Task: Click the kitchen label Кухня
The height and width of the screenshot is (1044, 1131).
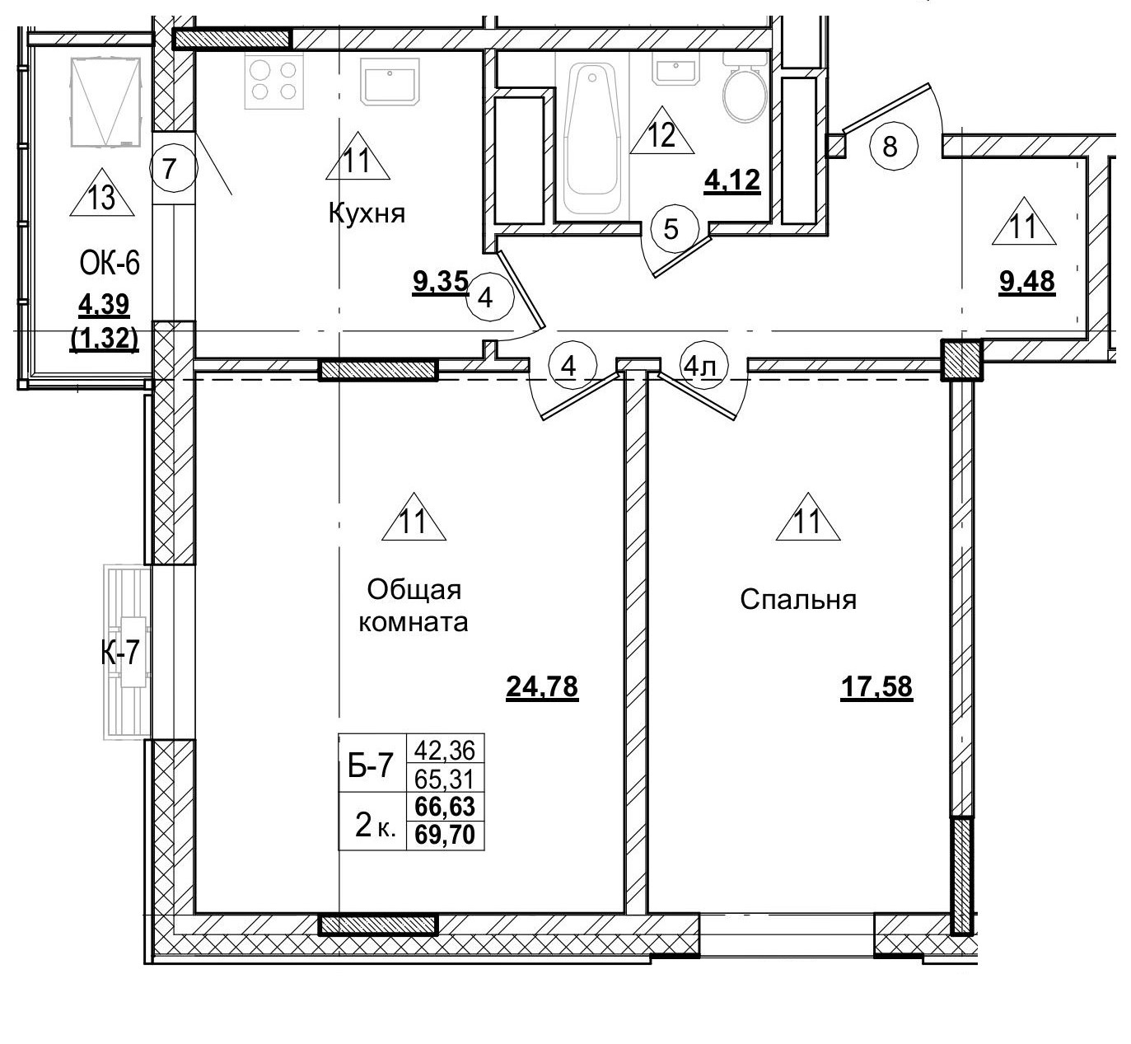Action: tap(367, 214)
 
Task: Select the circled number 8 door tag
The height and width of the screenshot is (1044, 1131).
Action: tap(889, 147)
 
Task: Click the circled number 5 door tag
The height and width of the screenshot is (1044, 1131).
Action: tap(671, 229)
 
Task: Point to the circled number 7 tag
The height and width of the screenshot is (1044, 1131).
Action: tap(168, 169)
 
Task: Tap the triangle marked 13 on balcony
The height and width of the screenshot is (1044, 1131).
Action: tap(101, 198)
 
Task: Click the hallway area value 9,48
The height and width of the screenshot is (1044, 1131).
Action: tap(1026, 282)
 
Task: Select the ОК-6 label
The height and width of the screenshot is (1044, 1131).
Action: tap(110, 265)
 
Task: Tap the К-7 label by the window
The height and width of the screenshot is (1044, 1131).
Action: tap(121, 653)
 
